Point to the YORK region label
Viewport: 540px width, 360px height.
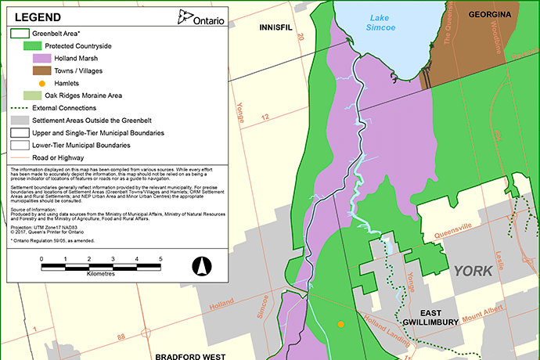(472, 271)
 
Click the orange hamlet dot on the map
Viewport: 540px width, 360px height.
(340, 324)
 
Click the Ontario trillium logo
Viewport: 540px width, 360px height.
(185, 16)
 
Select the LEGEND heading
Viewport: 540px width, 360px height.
(38, 16)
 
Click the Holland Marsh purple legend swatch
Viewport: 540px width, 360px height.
(42, 58)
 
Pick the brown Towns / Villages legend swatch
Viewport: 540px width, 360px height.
(42, 70)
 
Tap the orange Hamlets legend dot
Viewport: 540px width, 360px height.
(42, 83)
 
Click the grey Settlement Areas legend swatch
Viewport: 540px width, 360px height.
(20, 120)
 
